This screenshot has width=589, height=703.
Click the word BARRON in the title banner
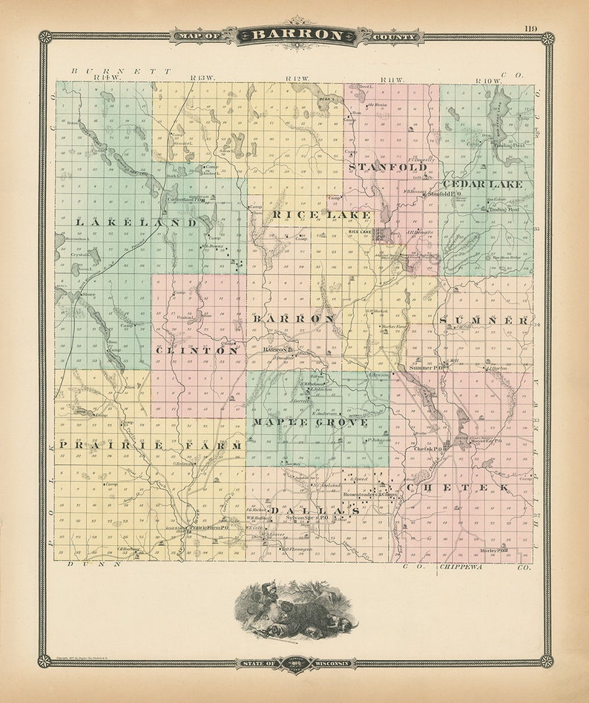297,35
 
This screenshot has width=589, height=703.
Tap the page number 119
531,29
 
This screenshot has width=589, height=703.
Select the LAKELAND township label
136,222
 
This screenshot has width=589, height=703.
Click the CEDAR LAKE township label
482,183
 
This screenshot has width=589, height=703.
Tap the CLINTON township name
197,350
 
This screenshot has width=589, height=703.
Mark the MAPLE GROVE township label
310,422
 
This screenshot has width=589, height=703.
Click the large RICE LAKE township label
321,215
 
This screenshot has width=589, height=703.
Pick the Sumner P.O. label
426,367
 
